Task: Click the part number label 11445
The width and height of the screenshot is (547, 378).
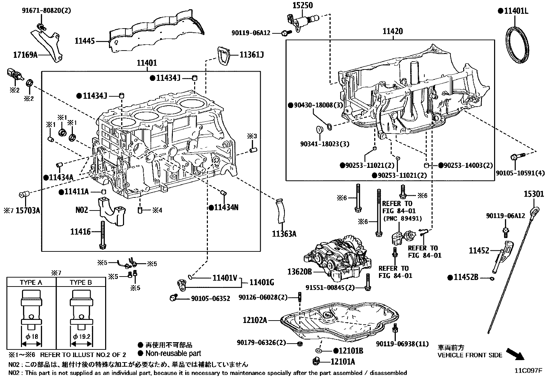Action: (x=85, y=41)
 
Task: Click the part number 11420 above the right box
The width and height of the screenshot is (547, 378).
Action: (x=393, y=32)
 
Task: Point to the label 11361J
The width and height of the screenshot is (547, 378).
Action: (x=252, y=55)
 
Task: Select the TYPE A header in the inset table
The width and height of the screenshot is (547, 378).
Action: (x=31, y=282)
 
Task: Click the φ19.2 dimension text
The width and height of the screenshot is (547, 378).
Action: (x=82, y=336)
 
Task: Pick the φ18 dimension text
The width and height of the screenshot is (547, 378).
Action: (x=32, y=336)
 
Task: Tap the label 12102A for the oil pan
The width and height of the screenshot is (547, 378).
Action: (x=255, y=320)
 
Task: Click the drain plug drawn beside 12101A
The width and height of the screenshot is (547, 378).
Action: (x=317, y=361)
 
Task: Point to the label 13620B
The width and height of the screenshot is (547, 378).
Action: (x=300, y=272)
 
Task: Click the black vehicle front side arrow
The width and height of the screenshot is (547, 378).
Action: (x=516, y=354)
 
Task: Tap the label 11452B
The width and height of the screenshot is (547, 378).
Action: (x=466, y=277)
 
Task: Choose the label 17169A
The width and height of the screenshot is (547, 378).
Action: (x=25, y=54)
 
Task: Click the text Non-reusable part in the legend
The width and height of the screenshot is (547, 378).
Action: (x=173, y=353)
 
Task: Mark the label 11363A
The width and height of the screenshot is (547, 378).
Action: (x=284, y=234)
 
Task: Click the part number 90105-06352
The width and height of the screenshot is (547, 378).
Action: (x=210, y=299)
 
